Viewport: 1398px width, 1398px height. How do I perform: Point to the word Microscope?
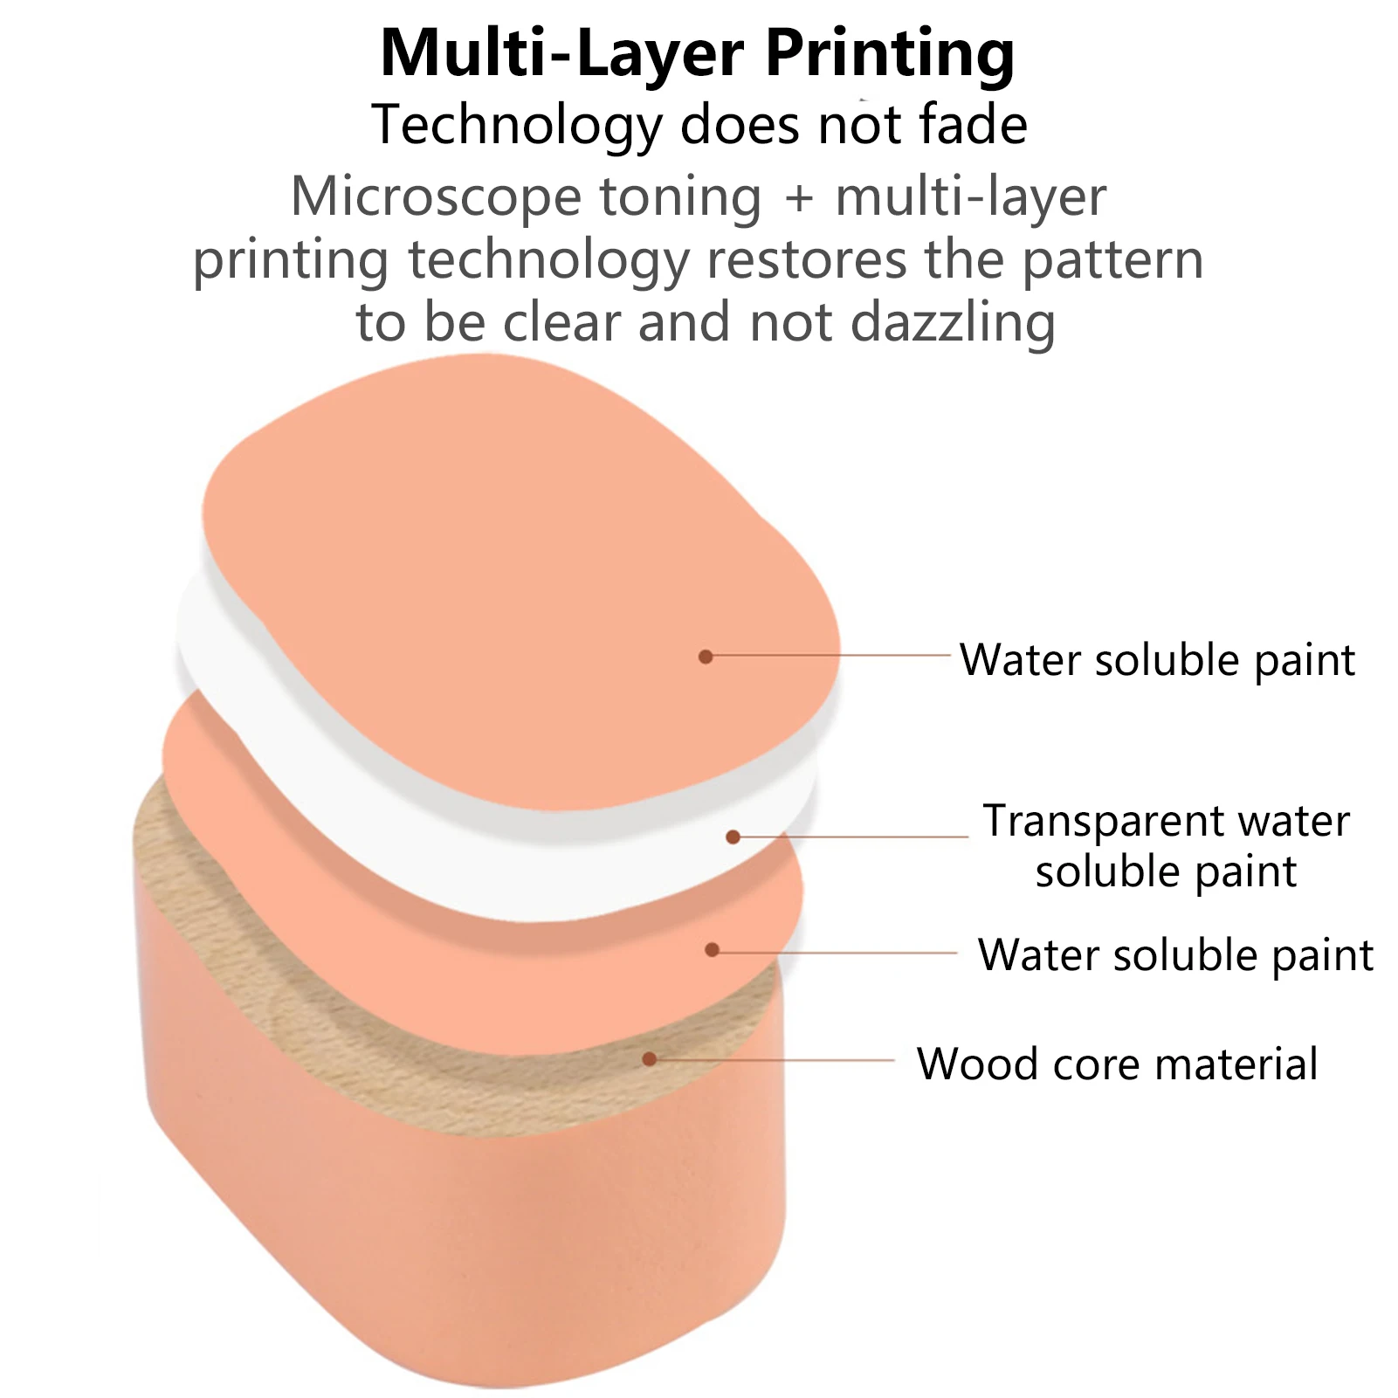click(x=436, y=196)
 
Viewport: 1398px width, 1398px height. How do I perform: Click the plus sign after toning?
click(x=798, y=197)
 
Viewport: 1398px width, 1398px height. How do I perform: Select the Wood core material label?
click(x=1117, y=1064)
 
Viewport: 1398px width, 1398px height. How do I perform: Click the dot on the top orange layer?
click(x=706, y=656)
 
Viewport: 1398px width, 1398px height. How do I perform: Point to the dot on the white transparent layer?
click(x=733, y=837)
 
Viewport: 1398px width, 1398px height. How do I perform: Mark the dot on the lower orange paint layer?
click(x=713, y=949)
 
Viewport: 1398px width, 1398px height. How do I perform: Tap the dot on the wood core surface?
click(x=650, y=1059)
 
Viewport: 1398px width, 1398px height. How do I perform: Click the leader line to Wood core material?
click(x=777, y=1060)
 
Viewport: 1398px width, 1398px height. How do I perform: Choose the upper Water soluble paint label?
click(x=1157, y=659)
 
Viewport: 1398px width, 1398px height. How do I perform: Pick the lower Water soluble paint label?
click(x=1175, y=955)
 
